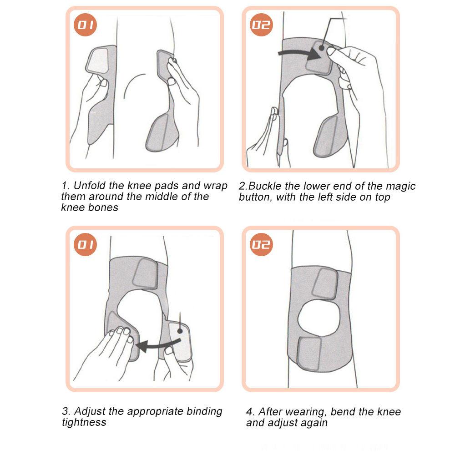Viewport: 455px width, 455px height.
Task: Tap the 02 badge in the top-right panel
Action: pos(262,25)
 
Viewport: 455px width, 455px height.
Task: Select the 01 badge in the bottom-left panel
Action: pos(86,245)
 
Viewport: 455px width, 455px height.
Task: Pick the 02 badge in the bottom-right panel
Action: pos(262,245)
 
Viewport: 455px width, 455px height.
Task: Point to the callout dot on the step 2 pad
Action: pos(322,47)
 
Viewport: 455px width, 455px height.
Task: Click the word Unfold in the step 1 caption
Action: pos(87,186)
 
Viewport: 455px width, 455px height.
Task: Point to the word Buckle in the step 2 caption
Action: pos(264,186)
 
